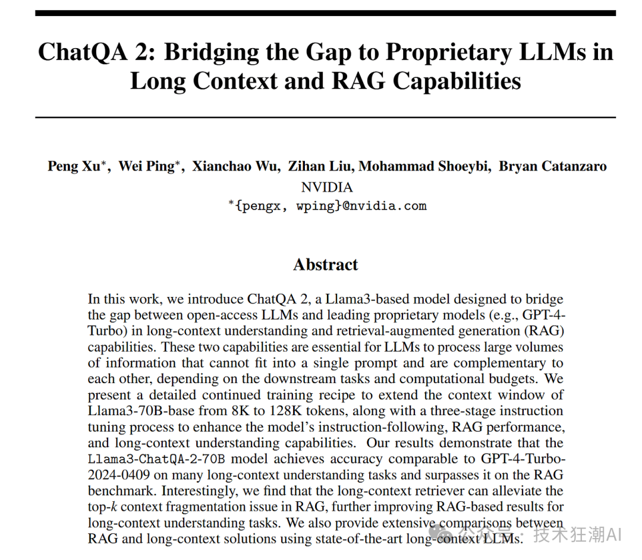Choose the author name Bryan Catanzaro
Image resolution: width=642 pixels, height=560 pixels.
553,166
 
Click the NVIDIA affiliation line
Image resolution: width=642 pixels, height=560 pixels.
326,187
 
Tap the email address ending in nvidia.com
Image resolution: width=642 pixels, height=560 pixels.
327,206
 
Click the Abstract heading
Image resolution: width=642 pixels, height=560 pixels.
326,264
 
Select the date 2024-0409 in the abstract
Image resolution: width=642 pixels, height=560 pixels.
122,475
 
